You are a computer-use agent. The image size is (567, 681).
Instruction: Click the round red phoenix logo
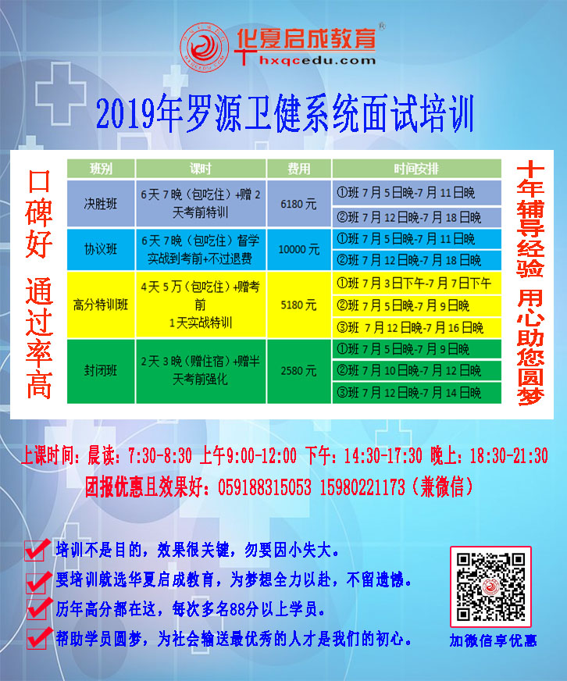click(x=205, y=48)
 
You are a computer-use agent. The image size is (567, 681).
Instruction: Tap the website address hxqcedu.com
click(x=317, y=60)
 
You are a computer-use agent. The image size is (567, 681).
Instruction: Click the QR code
click(x=490, y=587)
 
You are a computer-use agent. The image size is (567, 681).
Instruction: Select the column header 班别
click(x=101, y=169)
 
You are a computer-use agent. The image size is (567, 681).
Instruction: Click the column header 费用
click(x=299, y=169)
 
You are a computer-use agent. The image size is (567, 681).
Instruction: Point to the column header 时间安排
click(x=417, y=169)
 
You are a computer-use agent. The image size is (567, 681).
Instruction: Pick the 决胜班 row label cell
click(x=101, y=204)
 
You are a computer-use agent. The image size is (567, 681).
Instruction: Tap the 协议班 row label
click(x=101, y=249)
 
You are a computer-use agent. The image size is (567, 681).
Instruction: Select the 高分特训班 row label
click(x=101, y=305)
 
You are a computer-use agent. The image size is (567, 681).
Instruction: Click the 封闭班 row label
click(x=101, y=371)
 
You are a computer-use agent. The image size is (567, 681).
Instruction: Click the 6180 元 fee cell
click(x=299, y=204)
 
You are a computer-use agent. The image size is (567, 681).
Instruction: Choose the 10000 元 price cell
click(x=299, y=249)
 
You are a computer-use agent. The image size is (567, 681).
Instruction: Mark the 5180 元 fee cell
click(x=299, y=305)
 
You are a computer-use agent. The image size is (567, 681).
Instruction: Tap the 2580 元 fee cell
click(x=299, y=371)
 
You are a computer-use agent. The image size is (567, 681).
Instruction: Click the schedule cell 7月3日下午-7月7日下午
click(x=417, y=283)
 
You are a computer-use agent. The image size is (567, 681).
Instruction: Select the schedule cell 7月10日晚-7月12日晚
click(x=417, y=370)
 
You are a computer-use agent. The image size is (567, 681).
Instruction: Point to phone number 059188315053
click(x=265, y=487)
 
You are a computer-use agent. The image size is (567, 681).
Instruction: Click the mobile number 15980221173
click(x=362, y=487)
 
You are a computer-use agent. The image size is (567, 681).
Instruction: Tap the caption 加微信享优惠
click(x=493, y=640)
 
